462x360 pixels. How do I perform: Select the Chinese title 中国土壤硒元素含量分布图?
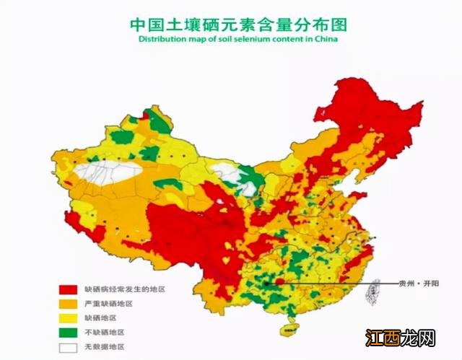[238, 24]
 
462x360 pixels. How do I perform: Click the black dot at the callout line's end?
[267, 284]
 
